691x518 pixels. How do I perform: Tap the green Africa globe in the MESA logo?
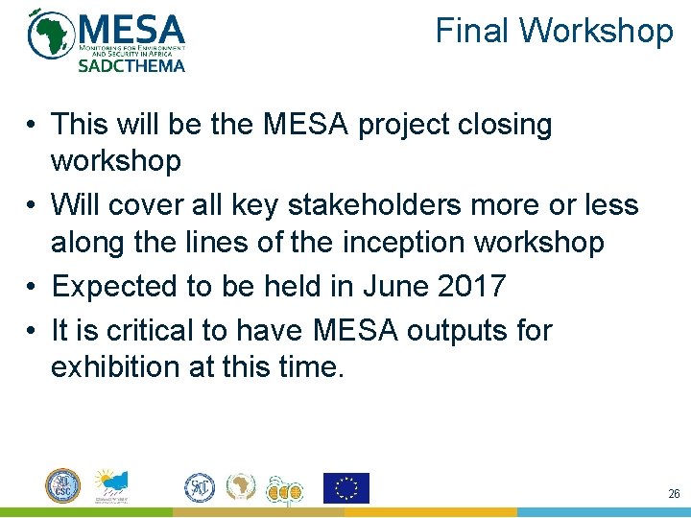pyautogui.click(x=51, y=35)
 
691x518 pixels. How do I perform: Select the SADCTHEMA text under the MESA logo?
pyautogui.click(x=131, y=66)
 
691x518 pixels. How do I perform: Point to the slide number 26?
pyautogui.click(x=674, y=494)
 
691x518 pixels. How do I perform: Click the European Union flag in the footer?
pyautogui.click(x=345, y=488)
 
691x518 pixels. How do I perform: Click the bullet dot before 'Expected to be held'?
pyautogui.click(x=32, y=286)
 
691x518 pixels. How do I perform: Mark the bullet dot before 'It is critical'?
pyautogui.click(x=32, y=331)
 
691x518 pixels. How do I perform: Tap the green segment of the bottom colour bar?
pyautogui.click(x=86, y=512)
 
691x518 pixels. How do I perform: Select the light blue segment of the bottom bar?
pyautogui.click(x=605, y=512)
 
